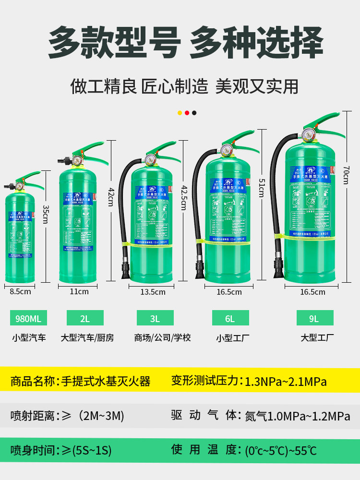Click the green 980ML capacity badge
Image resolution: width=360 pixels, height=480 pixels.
coord(29,318)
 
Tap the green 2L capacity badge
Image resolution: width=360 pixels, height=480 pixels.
coord(85,318)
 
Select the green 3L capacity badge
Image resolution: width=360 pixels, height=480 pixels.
coord(155,318)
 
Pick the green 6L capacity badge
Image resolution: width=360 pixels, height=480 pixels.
coord(230,318)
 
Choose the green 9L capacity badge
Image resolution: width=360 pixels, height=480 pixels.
coord(315,318)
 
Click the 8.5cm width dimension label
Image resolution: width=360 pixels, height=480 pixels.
coord(21,291)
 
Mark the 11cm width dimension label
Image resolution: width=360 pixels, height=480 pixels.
coord(80,291)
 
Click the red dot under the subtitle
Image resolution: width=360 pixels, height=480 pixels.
coord(187,113)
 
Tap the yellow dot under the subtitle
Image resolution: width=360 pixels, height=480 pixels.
coord(180,113)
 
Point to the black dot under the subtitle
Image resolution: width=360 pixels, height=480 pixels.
coord(194,113)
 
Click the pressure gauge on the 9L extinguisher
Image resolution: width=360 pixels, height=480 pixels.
coord(308,134)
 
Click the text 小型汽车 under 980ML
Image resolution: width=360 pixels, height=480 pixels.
coord(29,338)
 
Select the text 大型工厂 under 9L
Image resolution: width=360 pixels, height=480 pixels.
coord(317,338)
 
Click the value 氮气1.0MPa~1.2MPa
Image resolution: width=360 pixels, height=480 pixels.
coord(298,416)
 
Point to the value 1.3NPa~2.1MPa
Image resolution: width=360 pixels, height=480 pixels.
coord(286,382)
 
